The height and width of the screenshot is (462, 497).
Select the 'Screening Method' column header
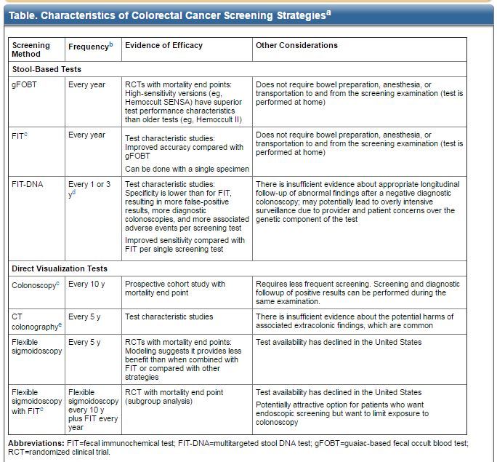(31, 49)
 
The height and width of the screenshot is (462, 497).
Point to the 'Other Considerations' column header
(296, 45)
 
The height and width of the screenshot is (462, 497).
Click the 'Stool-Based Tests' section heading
(47, 69)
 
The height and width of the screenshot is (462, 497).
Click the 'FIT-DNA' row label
(28, 184)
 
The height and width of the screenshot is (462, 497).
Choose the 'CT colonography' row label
(35, 322)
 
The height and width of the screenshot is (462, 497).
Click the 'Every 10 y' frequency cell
(87, 284)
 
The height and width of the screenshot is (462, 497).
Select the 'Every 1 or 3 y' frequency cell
(89, 188)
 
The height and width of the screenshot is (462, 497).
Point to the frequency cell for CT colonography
(84, 316)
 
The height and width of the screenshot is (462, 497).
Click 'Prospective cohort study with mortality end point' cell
(175, 288)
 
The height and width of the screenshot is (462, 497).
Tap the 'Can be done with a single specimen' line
(187, 169)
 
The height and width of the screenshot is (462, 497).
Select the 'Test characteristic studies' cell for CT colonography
(169, 316)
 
